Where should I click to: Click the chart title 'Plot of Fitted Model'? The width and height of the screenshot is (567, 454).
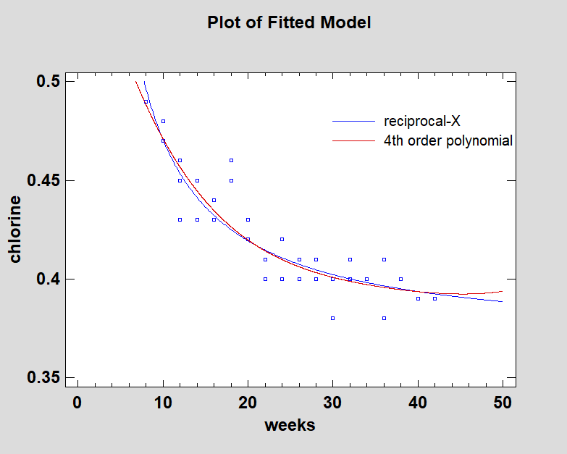[x=289, y=22]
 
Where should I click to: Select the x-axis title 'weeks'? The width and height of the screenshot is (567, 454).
[x=290, y=425]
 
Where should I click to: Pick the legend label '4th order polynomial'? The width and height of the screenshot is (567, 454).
[x=448, y=140]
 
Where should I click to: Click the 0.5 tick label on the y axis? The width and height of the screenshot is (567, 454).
[x=47, y=82]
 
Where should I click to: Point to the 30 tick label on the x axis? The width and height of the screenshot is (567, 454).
[x=332, y=403]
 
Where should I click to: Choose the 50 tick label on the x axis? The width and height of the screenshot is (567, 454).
[x=503, y=403]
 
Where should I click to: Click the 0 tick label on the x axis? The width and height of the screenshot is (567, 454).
[x=77, y=403]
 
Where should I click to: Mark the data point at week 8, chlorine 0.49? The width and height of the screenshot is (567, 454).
[x=146, y=101]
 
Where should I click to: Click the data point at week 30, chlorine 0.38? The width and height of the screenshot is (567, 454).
[x=332, y=318]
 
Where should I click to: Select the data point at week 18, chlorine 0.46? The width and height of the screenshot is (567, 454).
[x=231, y=160]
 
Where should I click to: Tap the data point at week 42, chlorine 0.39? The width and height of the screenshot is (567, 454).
[x=434, y=298]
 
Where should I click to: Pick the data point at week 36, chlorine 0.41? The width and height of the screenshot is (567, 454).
[x=384, y=259]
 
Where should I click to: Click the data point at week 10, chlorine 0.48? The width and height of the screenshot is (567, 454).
[x=163, y=121]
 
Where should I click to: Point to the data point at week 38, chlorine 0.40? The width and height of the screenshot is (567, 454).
[x=400, y=279]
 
